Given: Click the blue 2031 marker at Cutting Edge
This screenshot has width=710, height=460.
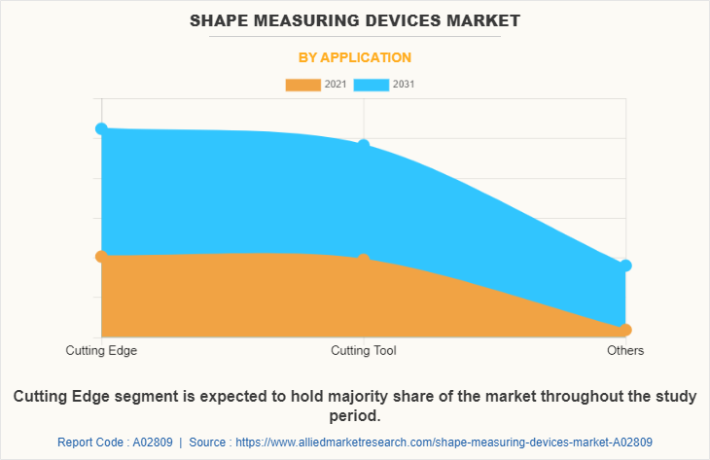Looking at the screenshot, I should (101, 128).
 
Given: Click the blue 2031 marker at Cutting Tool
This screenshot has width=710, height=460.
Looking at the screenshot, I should (364, 145).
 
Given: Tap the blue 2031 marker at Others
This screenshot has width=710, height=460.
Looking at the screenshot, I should (625, 265).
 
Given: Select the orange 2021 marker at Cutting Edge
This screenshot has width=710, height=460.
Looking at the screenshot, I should (101, 256).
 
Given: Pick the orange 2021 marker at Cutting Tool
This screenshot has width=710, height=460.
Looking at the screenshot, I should (364, 260).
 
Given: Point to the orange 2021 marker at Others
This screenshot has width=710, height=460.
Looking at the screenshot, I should (625, 330).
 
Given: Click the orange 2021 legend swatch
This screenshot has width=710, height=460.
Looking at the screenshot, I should (302, 85).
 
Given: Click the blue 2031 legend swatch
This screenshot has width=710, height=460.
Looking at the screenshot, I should (372, 85).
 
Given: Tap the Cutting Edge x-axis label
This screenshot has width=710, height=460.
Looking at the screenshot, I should (101, 350).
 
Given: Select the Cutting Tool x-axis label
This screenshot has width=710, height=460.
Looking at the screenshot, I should (364, 350).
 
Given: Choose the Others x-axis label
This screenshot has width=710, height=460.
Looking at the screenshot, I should (625, 350).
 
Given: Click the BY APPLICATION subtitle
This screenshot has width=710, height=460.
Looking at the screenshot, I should (354, 57).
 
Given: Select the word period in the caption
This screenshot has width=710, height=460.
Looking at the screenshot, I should (354, 416).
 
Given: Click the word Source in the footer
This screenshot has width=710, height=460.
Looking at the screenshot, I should (208, 442).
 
